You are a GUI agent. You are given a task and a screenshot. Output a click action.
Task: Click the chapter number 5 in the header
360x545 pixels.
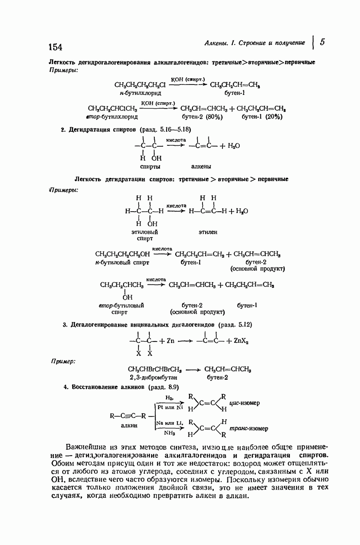coord(322,42)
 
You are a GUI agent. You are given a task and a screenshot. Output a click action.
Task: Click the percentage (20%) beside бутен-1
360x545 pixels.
coord(274,117)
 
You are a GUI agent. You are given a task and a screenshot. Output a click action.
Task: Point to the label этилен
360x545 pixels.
coord(208,232)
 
